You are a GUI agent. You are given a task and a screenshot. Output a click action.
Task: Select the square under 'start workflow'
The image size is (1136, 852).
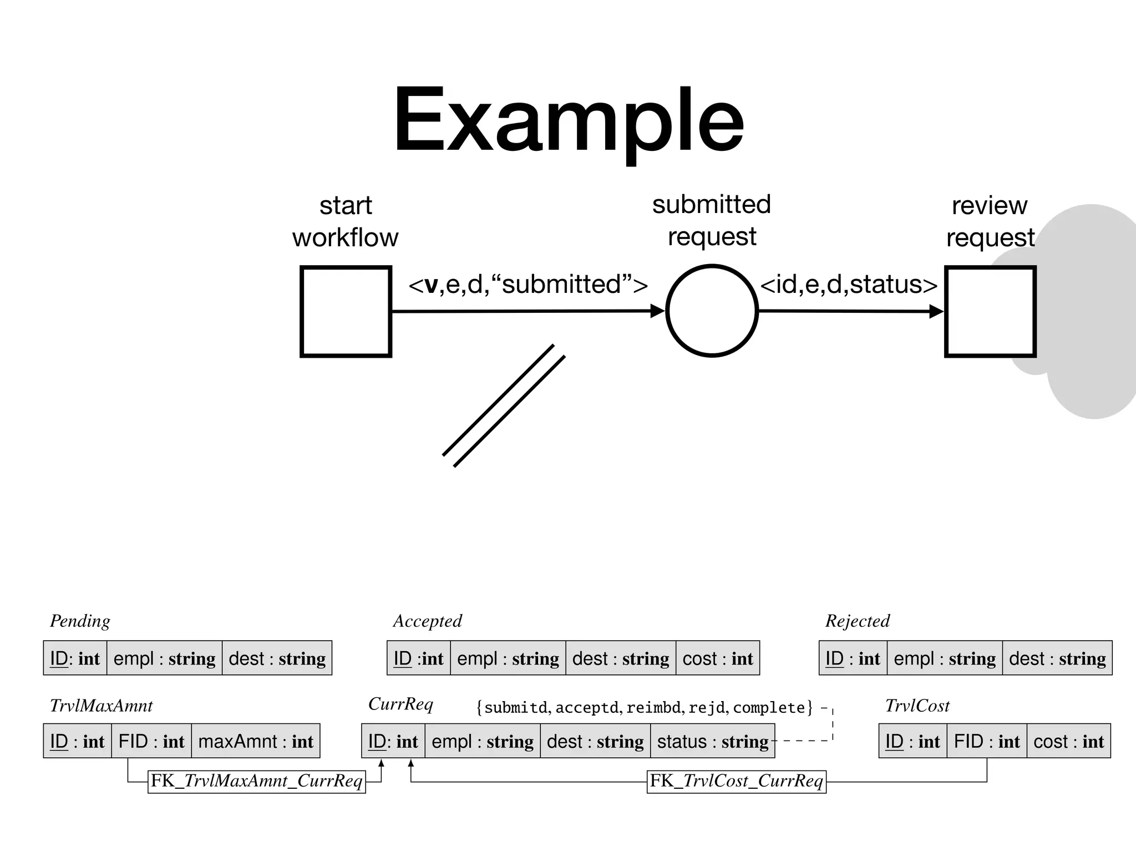[x=346, y=311]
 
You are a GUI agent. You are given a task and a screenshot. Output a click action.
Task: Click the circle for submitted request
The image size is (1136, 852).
[x=712, y=311]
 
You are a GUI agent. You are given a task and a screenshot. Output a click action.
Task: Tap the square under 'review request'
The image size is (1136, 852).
[x=990, y=311]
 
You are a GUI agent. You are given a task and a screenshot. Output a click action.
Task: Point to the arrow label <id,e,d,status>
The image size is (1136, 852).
[x=849, y=285]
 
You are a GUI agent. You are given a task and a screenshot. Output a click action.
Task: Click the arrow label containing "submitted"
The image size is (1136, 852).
[x=528, y=285]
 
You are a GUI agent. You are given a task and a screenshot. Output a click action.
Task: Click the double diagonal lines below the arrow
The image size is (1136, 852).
[x=504, y=405]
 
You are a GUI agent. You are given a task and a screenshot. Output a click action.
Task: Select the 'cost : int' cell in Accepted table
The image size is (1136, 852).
[x=717, y=658]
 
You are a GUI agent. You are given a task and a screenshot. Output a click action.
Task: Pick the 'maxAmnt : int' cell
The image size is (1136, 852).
[x=256, y=741]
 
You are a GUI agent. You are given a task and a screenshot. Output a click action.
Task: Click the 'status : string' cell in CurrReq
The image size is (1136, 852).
[x=712, y=741]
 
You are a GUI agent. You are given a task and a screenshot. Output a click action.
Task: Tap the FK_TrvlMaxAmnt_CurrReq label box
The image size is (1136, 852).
[x=256, y=781]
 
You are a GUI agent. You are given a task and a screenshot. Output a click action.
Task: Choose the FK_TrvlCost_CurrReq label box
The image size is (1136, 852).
[x=736, y=781]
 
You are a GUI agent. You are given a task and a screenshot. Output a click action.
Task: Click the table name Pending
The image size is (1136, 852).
[x=80, y=621]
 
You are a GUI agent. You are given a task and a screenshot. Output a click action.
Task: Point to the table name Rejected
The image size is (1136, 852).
[x=857, y=621]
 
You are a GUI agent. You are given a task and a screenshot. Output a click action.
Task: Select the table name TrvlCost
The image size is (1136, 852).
[x=917, y=706]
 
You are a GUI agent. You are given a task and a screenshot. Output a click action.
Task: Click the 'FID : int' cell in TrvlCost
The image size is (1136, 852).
[x=986, y=741]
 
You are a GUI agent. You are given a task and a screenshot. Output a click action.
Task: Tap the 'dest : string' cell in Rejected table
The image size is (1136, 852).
[x=1057, y=658]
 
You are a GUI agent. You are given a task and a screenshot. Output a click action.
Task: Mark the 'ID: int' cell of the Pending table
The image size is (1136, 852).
[x=75, y=658]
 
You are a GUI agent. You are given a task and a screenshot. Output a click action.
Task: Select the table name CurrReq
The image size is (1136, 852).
[x=400, y=704]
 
